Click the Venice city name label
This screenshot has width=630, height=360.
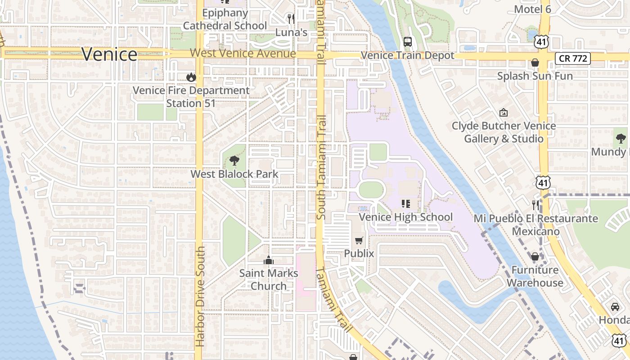coord(109,54)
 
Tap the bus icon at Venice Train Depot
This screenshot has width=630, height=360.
coord(408,42)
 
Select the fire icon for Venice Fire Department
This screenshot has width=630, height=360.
coord(191,77)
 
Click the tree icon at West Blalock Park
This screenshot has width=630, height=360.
coord(234,160)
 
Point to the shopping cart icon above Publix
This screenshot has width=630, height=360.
coord(359,241)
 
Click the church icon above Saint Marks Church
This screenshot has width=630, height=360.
coord(269,260)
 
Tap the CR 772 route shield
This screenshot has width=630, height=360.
coord(572,58)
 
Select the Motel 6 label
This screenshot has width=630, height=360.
coord(532,9)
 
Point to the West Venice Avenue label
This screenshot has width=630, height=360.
coord(243,54)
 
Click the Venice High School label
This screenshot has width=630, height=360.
coord(405,217)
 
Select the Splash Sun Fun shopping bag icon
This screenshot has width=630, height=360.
coord(535,63)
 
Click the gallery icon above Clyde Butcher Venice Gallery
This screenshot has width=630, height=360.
coord(504,112)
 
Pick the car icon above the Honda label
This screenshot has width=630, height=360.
coord(615,307)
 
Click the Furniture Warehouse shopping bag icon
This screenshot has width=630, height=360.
coord(535,256)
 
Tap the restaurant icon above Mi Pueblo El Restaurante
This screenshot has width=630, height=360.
coord(535,205)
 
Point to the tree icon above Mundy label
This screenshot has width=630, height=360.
coord(621,139)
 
